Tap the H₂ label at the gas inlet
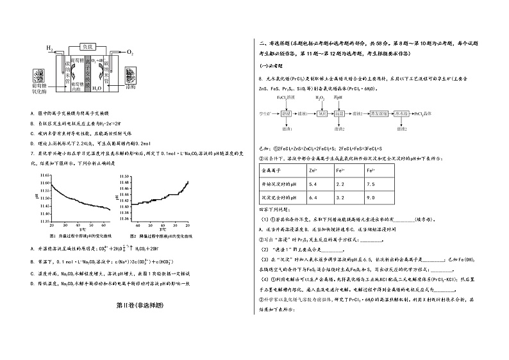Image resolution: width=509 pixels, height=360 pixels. point(49,49)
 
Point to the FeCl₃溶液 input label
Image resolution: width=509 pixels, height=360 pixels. point(286,97)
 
